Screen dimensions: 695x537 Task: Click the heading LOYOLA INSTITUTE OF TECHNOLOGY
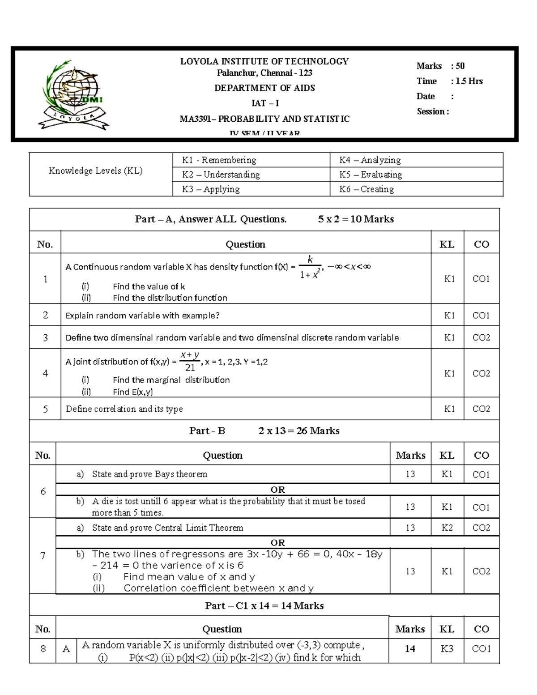(264, 61)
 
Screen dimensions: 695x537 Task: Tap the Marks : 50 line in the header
(440, 66)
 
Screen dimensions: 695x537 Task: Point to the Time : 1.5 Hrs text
(449, 81)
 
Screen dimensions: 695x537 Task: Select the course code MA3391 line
(264, 119)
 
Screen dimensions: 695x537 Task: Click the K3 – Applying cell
(211, 189)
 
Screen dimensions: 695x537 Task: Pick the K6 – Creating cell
(367, 189)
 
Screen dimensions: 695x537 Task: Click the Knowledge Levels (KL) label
(95, 171)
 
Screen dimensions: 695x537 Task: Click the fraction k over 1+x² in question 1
(310, 267)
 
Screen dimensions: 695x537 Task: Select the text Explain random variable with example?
(142, 316)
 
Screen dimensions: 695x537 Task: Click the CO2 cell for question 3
(481, 337)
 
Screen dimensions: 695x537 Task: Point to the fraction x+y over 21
(190, 361)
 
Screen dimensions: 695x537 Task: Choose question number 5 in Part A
(45, 409)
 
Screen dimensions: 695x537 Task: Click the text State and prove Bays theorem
(149, 474)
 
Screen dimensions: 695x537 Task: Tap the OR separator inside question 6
(277, 490)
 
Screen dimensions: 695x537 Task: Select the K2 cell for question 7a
(447, 528)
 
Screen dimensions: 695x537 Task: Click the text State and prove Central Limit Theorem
(167, 528)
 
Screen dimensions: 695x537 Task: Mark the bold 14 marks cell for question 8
(410, 648)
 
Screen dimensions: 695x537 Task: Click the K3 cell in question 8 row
(447, 648)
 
